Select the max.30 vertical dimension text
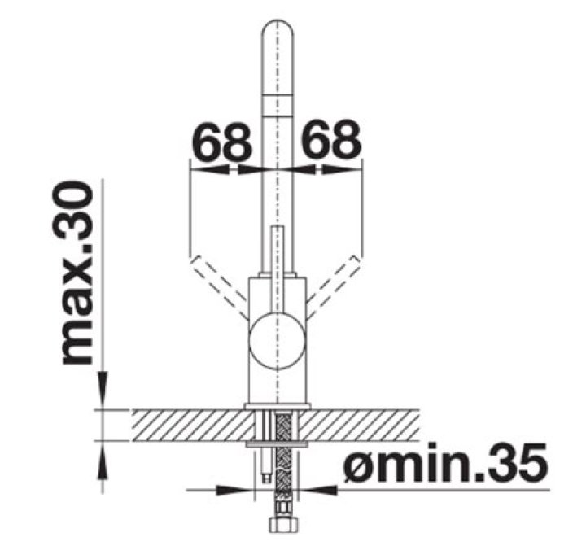coord(77,273)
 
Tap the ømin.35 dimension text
coord(444,462)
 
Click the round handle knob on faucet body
coord(277,341)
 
